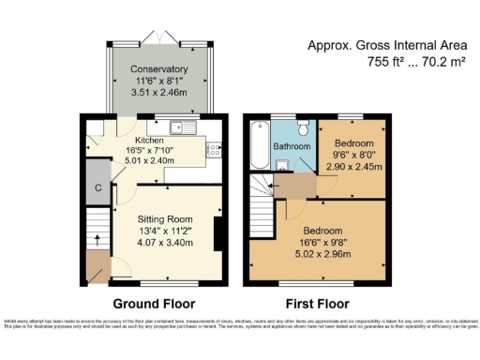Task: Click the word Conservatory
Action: tap(158, 69)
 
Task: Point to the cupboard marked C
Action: tap(97, 185)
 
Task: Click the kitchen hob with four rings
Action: tap(212, 148)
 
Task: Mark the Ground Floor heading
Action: tap(154, 304)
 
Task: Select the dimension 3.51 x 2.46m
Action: tap(158, 93)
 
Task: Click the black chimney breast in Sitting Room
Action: tap(217, 233)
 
